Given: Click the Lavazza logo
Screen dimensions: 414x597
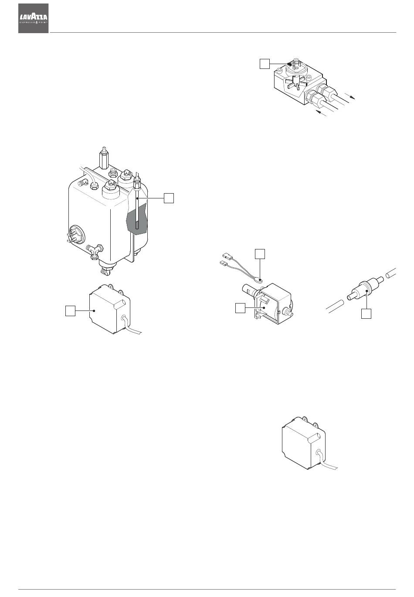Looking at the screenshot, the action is pyautogui.click(x=33, y=18).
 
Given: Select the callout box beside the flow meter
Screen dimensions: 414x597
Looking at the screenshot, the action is pyautogui.click(x=265, y=64).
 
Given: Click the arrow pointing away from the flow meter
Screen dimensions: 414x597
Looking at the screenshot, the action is pyautogui.click(x=350, y=96).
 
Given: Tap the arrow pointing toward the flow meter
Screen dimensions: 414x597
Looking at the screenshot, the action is pyautogui.click(x=321, y=113).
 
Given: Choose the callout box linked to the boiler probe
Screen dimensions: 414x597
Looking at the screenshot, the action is pyautogui.click(x=169, y=198).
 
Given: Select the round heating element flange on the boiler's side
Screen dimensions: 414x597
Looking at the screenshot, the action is pyautogui.click(x=76, y=235).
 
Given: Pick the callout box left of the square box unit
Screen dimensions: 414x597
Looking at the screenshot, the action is pyautogui.click(x=70, y=311).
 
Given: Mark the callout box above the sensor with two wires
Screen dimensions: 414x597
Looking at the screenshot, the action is pyautogui.click(x=260, y=254).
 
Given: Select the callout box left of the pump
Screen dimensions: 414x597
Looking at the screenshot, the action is pyautogui.click(x=240, y=308).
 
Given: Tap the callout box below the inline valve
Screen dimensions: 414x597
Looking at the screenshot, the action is pyautogui.click(x=366, y=314).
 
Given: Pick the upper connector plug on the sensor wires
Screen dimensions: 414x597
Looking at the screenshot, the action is pyautogui.click(x=227, y=256).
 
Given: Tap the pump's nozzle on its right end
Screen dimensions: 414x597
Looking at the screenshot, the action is pyautogui.click(x=289, y=313).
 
